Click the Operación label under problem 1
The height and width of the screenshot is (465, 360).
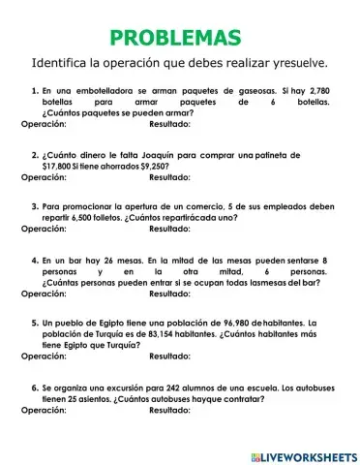click(x=44, y=124)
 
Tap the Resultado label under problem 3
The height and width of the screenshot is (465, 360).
click(x=170, y=230)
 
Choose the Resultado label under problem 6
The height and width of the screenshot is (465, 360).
click(x=170, y=410)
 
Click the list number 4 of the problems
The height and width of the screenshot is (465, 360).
click(x=35, y=261)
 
